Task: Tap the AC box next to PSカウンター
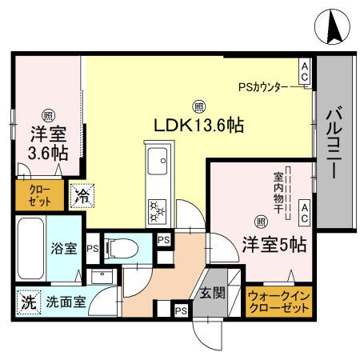tap(304, 71)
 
